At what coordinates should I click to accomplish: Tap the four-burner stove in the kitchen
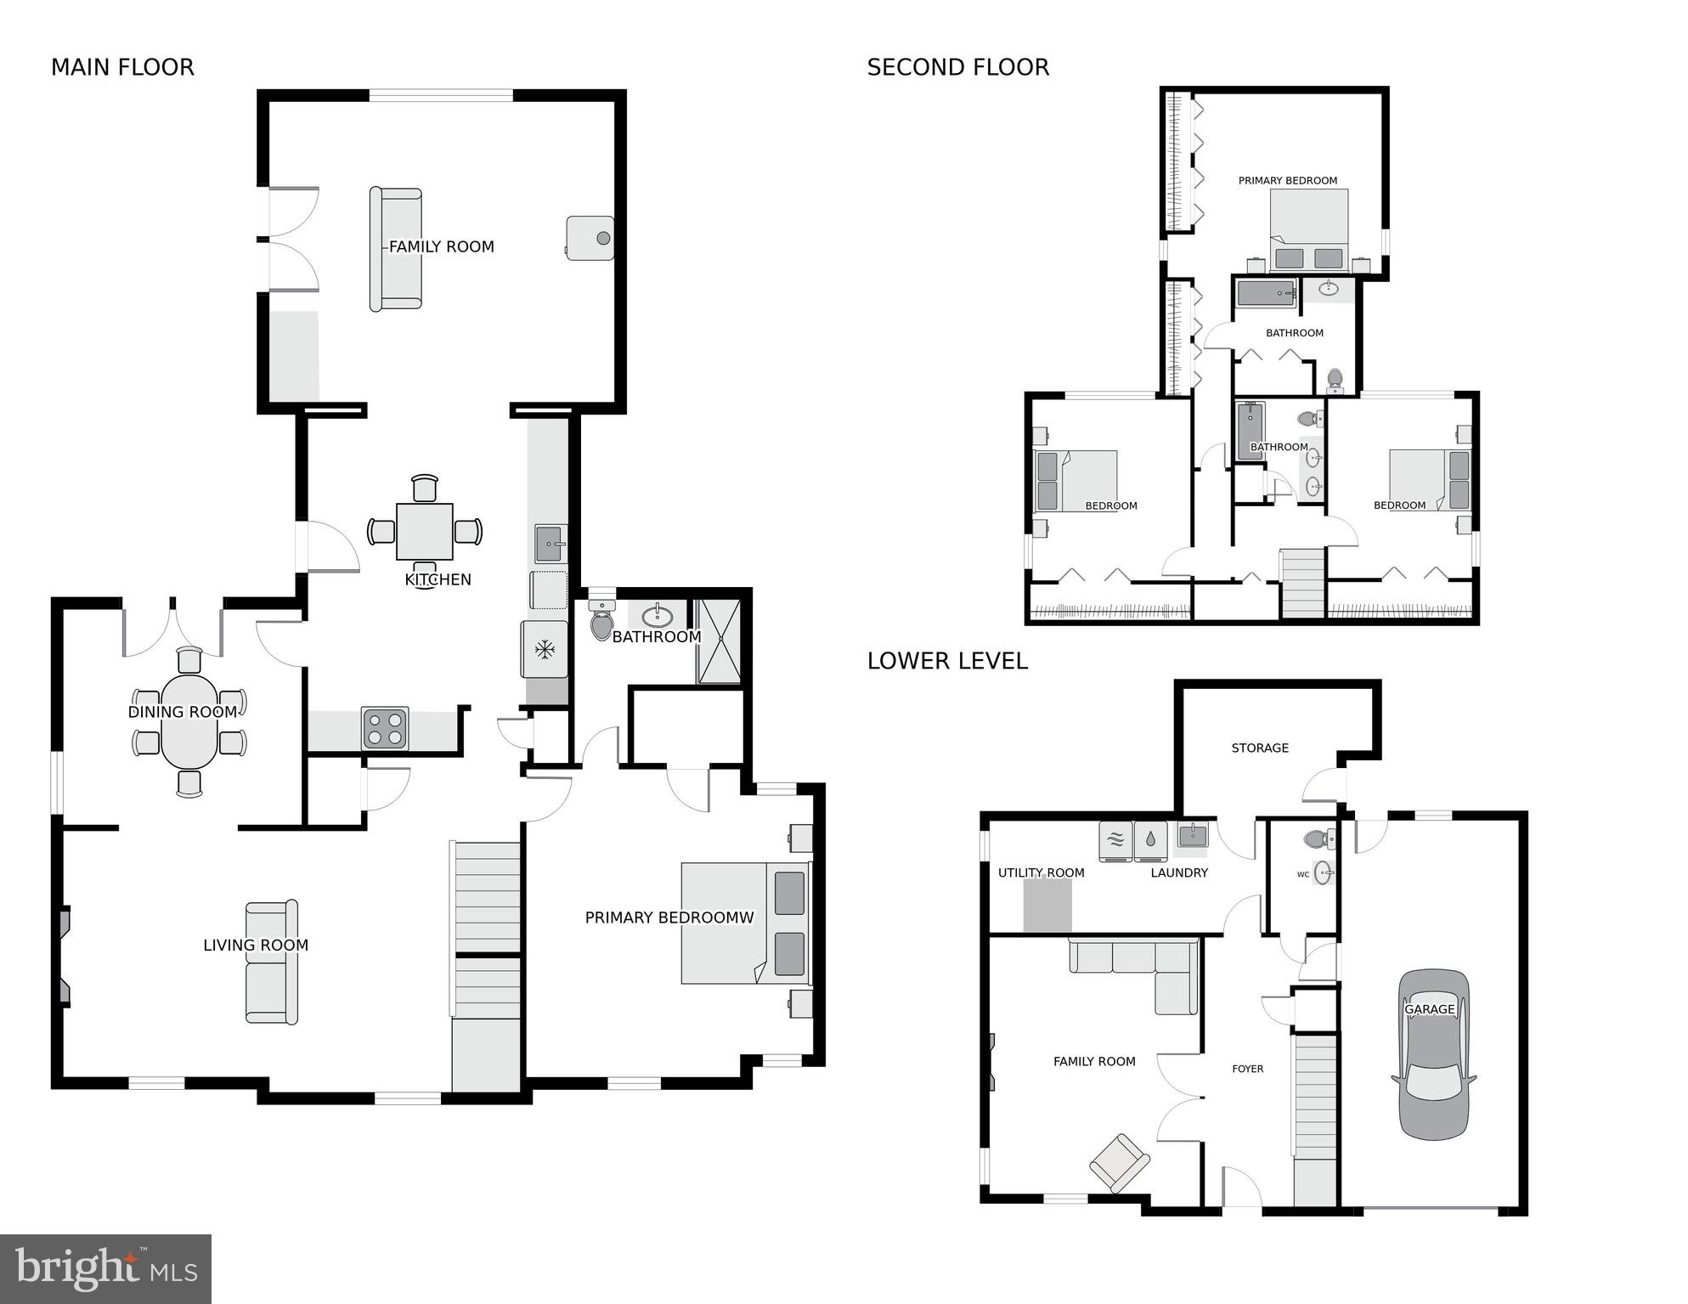pyautogui.click(x=385, y=728)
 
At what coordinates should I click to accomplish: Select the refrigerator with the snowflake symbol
pyautogui.click(x=544, y=650)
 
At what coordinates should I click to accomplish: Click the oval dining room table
pyautogui.click(x=189, y=722)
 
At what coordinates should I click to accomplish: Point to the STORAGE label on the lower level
pyautogui.click(x=1260, y=748)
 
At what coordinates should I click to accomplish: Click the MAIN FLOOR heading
pyautogui.click(x=122, y=67)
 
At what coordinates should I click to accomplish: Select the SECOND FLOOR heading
pyautogui.click(x=957, y=67)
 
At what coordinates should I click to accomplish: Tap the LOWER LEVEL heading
pyautogui.click(x=947, y=660)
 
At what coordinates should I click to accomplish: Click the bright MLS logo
pyautogui.click(x=105, y=1268)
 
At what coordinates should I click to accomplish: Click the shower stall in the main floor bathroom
pyautogui.click(x=719, y=641)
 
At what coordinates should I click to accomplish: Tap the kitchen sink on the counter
pyautogui.click(x=550, y=543)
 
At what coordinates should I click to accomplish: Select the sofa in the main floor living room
pyautogui.click(x=272, y=962)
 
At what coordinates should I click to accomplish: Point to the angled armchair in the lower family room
pyautogui.click(x=1119, y=1162)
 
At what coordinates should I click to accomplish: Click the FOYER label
pyautogui.click(x=1247, y=1069)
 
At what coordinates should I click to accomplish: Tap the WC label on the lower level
pyautogui.click(x=1302, y=874)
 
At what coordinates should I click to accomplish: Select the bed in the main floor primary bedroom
pyautogui.click(x=745, y=923)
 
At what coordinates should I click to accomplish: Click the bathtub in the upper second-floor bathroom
pyautogui.click(x=1266, y=294)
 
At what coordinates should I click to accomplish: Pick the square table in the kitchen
pyautogui.click(x=424, y=531)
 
